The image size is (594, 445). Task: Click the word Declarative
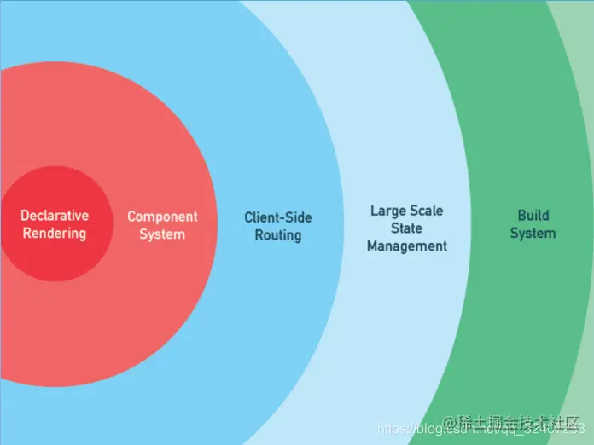(x=55, y=216)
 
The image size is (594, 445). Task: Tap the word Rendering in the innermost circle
(x=55, y=234)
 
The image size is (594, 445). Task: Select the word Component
(x=162, y=217)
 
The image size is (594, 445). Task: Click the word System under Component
(x=162, y=234)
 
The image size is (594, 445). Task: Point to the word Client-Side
(x=278, y=217)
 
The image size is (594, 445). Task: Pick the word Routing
(x=278, y=234)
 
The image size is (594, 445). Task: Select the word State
(x=407, y=228)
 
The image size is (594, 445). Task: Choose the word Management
(x=407, y=246)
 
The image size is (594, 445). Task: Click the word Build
(x=533, y=215)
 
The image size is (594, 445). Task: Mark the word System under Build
(x=533, y=233)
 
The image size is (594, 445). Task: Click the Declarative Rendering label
(x=55, y=224)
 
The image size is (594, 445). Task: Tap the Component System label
(x=162, y=225)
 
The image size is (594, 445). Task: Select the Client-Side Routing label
(x=278, y=225)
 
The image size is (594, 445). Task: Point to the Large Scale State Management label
(x=407, y=228)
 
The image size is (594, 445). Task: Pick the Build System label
(x=533, y=223)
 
